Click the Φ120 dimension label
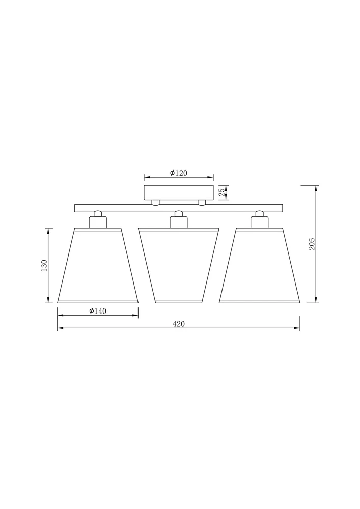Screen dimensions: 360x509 click(179, 173)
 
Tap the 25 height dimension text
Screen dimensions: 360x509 click(222, 192)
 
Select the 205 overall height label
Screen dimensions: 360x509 click(312, 244)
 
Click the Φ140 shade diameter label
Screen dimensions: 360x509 click(98, 311)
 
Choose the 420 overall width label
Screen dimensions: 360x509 click(179, 324)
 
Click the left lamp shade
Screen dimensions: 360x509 click(98, 266)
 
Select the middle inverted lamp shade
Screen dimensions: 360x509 click(179, 266)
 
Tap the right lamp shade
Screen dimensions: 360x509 click(259, 266)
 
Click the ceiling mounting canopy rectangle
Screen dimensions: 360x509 click(179, 192)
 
